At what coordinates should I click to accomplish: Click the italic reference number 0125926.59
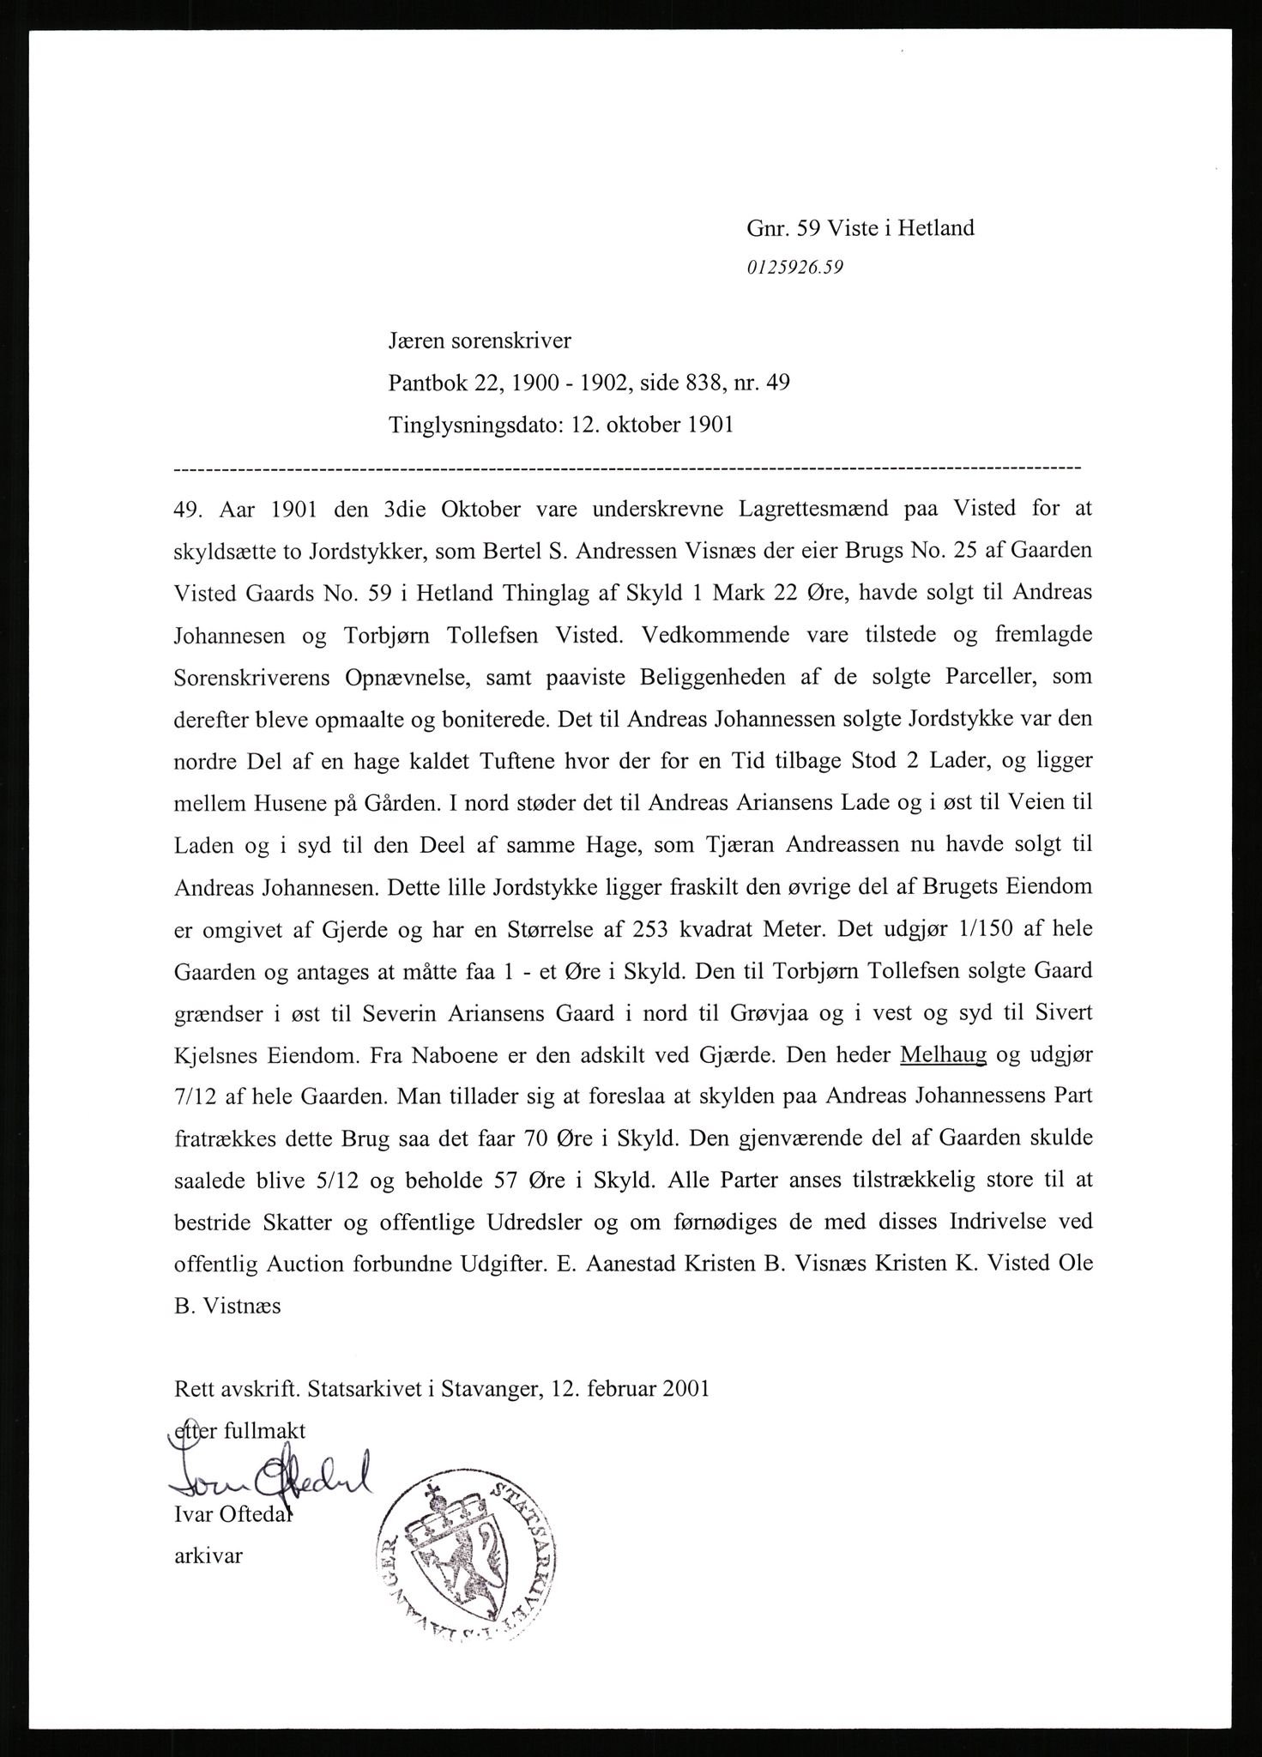click(795, 267)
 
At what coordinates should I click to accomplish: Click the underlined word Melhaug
click(943, 1054)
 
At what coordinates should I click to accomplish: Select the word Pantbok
click(427, 383)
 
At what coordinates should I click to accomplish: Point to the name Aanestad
click(628, 1265)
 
